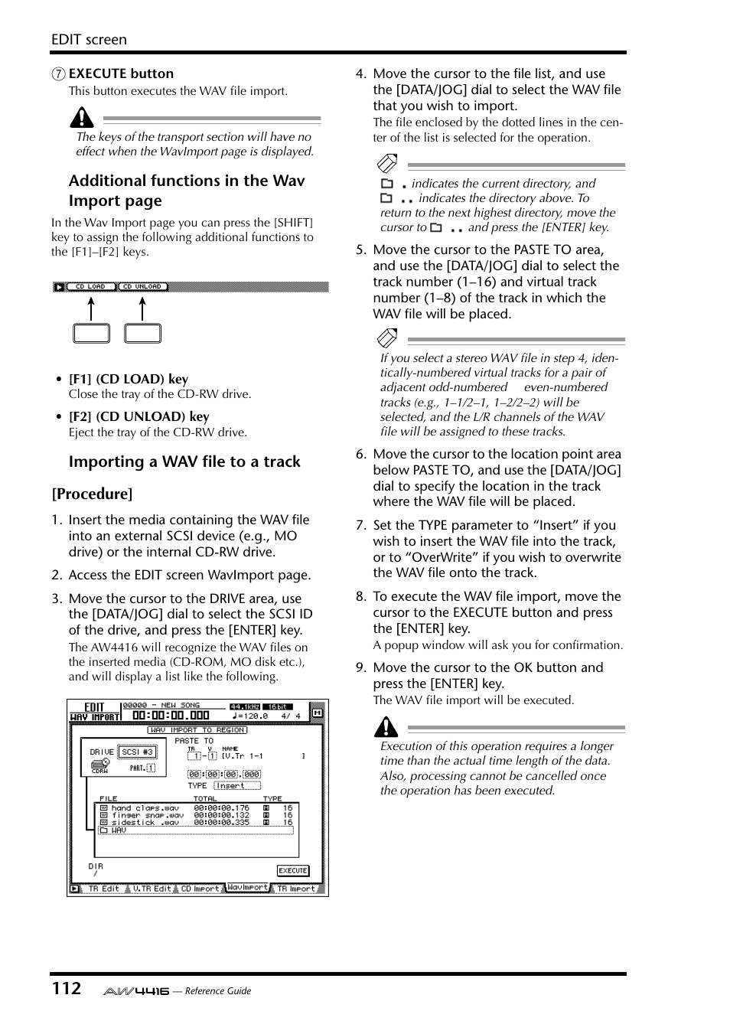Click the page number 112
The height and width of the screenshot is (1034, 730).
click(67, 988)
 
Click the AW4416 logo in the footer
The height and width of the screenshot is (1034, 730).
click(136, 991)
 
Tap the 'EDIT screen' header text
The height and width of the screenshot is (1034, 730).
click(89, 40)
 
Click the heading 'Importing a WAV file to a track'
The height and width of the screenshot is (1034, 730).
click(184, 462)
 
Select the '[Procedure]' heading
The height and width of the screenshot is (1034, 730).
click(92, 494)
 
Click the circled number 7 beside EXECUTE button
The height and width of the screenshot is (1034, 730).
click(58, 74)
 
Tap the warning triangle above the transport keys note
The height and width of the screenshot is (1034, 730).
click(82, 118)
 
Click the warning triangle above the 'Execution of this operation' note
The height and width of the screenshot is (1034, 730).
click(386, 726)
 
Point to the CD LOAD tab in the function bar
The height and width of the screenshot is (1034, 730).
click(90, 287)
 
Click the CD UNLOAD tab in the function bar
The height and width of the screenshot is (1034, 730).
click(142, 287)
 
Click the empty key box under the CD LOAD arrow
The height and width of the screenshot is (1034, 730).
click(91, 334)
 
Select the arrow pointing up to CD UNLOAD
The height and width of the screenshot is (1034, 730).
click(142, 308)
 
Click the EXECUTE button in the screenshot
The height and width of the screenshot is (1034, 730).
click(292, 870)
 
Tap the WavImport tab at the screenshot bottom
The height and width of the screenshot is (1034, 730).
click(247, 888)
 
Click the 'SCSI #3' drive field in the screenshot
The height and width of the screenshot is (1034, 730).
click(138, 752)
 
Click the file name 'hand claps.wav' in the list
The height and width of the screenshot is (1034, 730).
click(145, 808)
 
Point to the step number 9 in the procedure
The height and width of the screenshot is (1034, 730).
click(360, 667)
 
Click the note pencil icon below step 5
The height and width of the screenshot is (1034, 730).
click(387, 338)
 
